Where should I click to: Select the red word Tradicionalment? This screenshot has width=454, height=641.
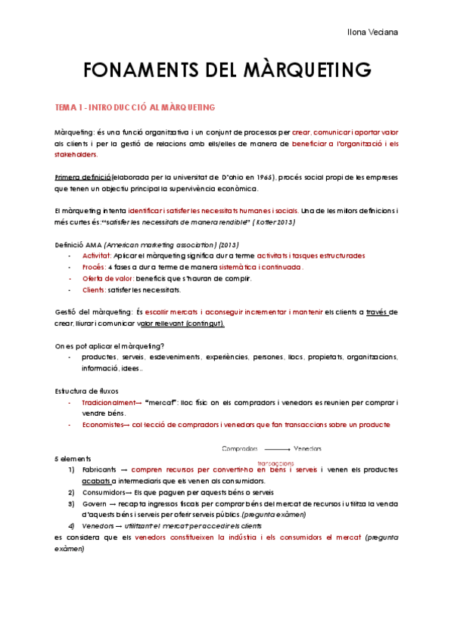click(110, 402)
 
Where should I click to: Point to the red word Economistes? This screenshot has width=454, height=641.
click(105, 425)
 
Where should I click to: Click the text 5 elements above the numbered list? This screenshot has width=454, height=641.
click(73, 458)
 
